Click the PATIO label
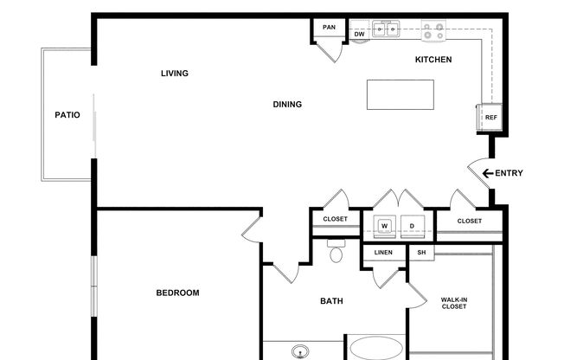[67, 115]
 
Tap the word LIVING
[175, 74]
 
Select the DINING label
[287, 105]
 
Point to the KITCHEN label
[433, 60]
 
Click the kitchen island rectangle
[401, 94]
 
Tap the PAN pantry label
[329, 28]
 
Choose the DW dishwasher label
[359, 35]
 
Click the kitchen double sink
[386, 29]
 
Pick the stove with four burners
[433, 30]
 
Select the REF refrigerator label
[490, 118]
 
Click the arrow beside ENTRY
[487, 174]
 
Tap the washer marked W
[385, 227]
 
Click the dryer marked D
[413, 227]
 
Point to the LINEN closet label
[383, 253]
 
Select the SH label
[421, 253]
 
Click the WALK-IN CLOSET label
[454, 303]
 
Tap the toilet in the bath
[336, 251]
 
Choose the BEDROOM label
[177, 293]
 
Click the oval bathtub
[376, 349]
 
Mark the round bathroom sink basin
[300, 351]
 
